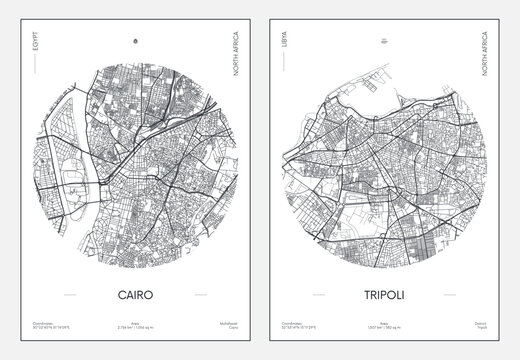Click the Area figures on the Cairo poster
135,327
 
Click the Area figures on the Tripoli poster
385,327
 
